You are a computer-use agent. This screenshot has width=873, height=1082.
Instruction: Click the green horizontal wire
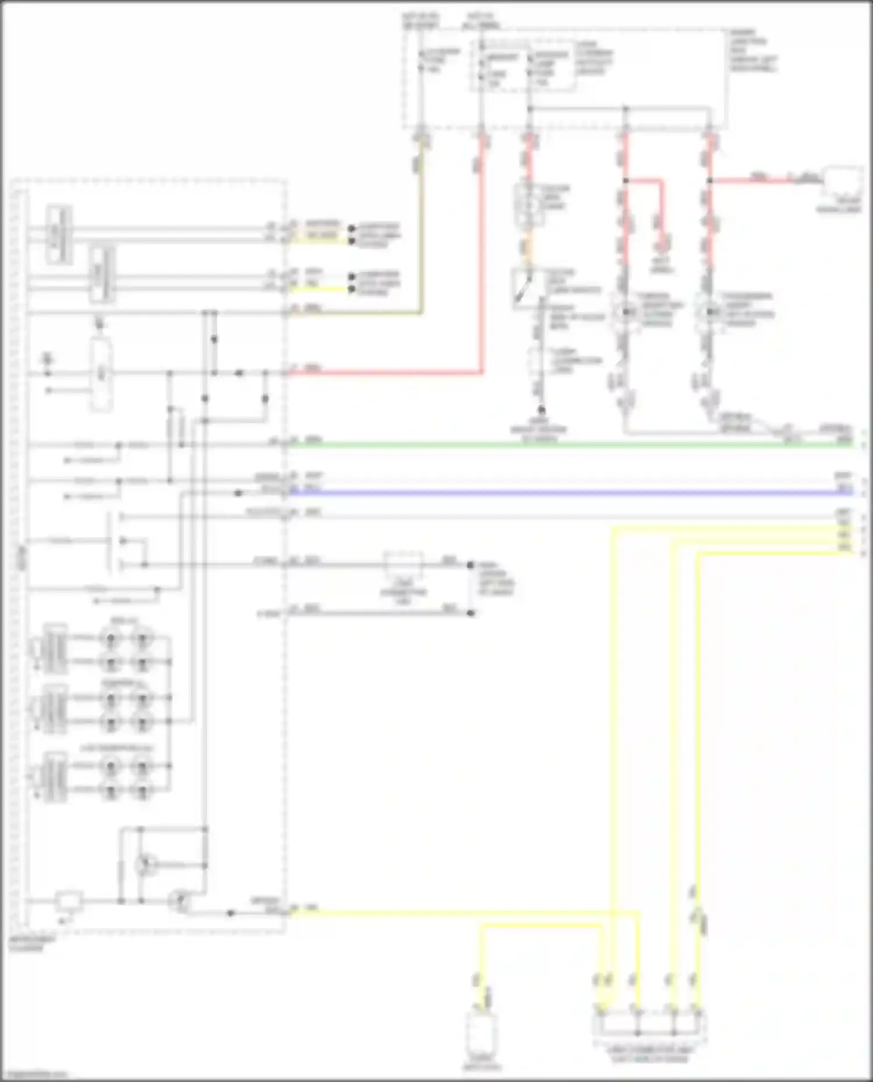click(x=570, y=445)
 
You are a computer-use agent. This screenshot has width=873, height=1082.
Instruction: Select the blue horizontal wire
click(x=570, y=493)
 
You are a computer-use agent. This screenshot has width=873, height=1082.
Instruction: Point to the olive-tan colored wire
click(x=420, y=233)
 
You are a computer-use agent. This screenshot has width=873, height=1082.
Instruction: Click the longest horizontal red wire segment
click(x=384, y=373)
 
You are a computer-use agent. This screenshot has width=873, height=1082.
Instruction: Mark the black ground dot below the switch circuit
click(x=541, y=410)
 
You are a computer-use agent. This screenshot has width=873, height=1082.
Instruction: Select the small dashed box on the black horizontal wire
click(x=403, y=564)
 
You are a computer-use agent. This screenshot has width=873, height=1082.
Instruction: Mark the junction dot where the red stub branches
click(x=626, y=181)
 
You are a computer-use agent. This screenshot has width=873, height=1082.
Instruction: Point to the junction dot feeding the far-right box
click(x=709, y=181)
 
